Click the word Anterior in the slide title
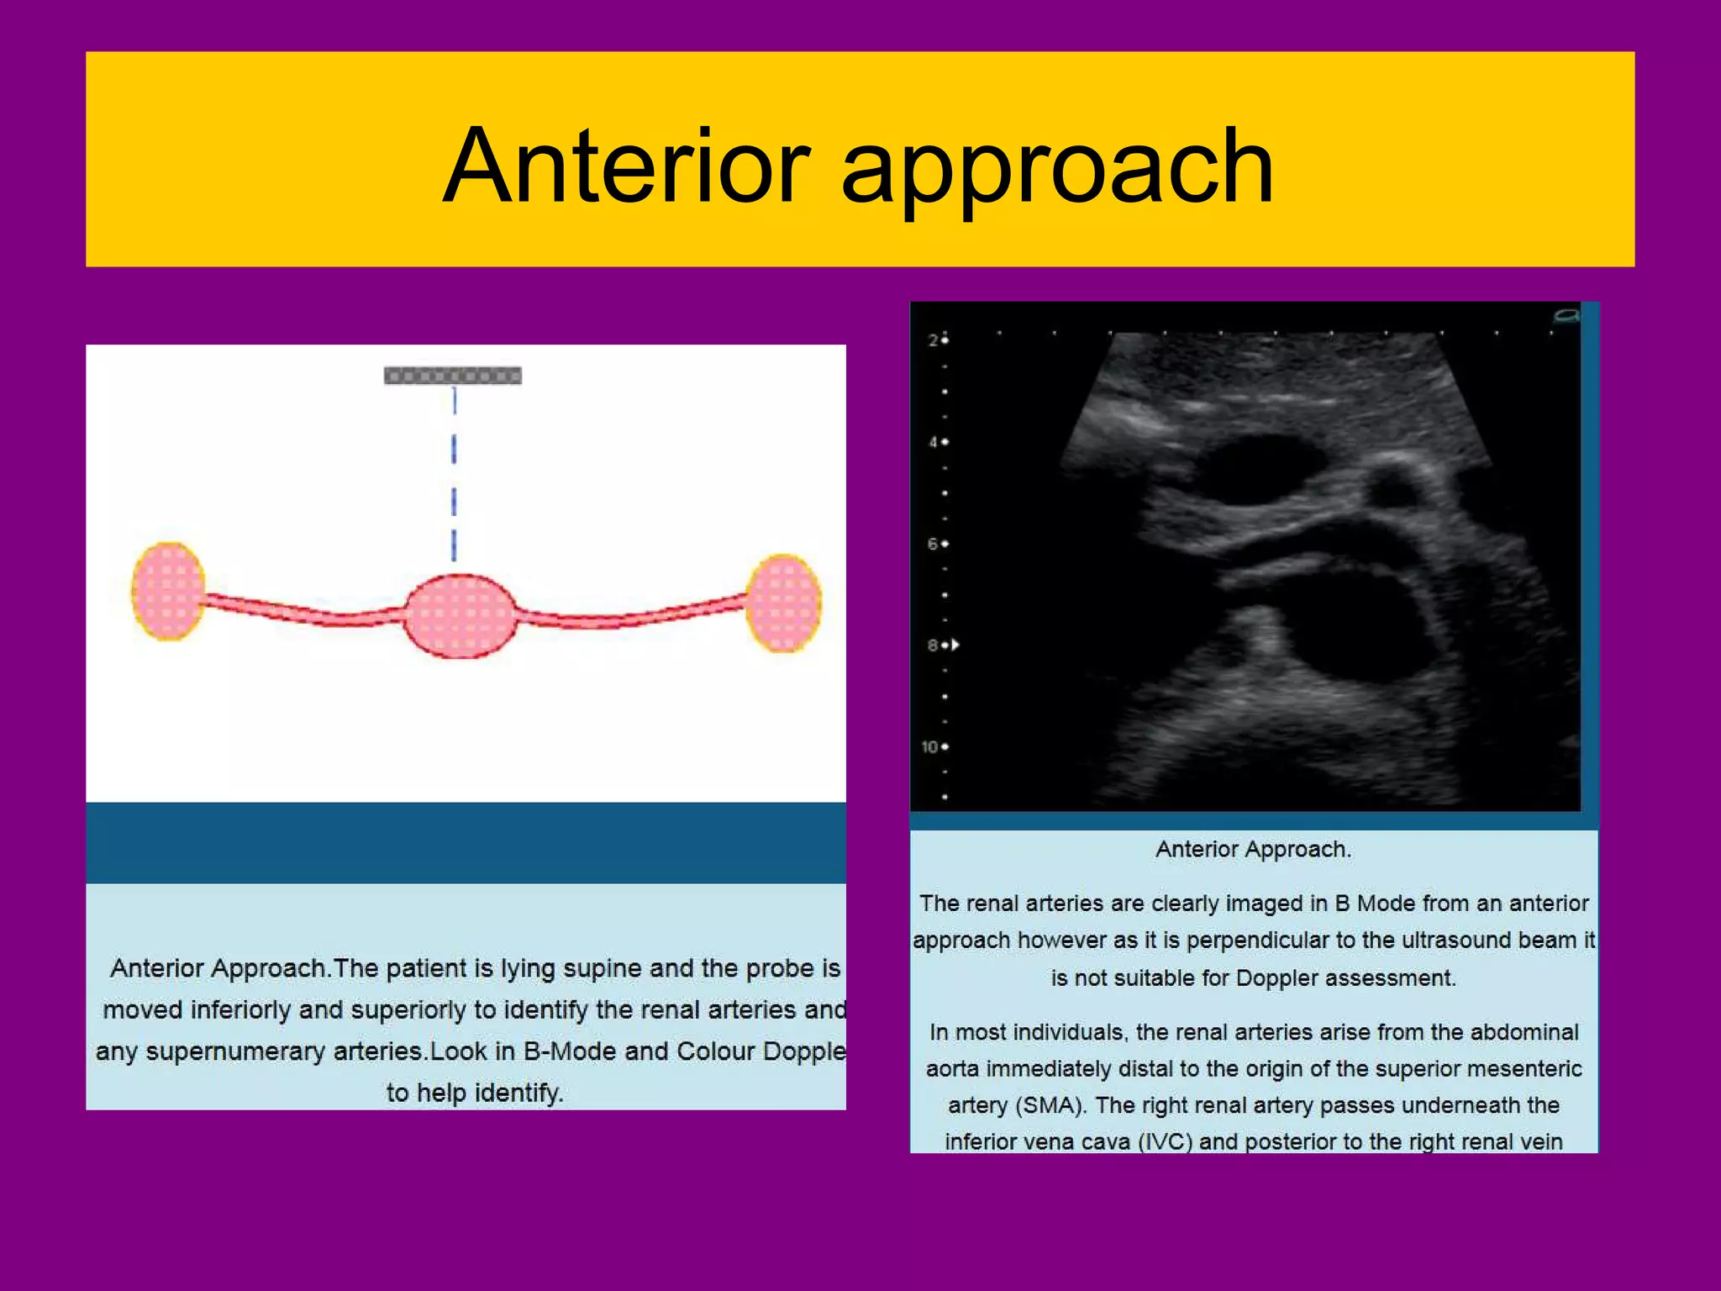[x=626, y=166]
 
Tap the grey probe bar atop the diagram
[x=453, y=376]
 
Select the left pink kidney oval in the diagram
[x=168, y=591]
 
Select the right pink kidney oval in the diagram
[x=783, y=603]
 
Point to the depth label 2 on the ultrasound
[x=933, y=340]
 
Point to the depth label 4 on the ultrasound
[x=933, y=442]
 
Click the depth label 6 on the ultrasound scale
[x=933, y=544]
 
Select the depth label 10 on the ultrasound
[x=929, y=746]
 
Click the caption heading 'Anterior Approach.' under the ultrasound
[x=1253, y=849]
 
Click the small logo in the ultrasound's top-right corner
[x=1566, y=316]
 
